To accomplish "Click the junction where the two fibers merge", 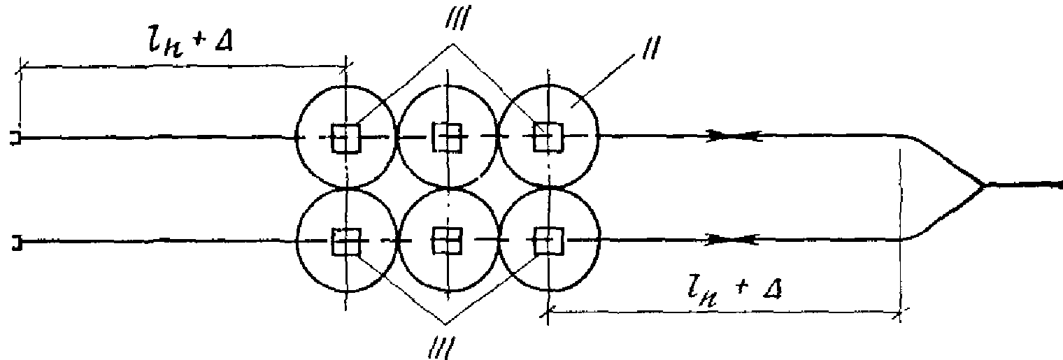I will pos(983,186).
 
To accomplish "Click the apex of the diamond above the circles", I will pos(453,45).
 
